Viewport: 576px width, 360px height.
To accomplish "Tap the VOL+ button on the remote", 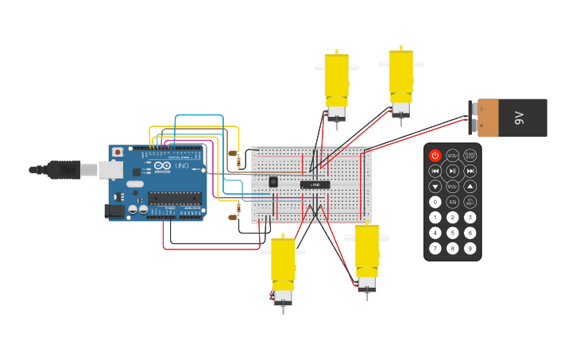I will tap(452, 156).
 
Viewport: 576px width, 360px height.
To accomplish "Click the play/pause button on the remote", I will tap(452, 171).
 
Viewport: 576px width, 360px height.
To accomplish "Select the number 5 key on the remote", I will tap(452, 233).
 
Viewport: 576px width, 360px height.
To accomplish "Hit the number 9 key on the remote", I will tap(470, 248).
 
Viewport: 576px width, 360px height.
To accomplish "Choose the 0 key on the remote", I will tap(435, 202).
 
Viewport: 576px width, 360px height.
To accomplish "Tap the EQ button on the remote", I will tap(452, 202).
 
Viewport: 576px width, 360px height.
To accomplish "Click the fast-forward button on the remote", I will tap(470, 171).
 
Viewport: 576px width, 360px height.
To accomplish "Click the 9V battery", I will tap(512, 118).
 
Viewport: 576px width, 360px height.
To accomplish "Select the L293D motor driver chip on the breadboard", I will tap(315, 184).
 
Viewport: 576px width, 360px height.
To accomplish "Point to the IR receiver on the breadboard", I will tap(273, 182).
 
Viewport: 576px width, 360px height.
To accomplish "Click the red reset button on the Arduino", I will tap(118, 152).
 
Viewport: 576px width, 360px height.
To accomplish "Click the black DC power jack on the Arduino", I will tap(115, 211).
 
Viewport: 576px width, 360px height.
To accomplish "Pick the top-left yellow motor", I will tap(336, 83).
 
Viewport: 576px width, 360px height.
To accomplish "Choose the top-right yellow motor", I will tap(400, 78).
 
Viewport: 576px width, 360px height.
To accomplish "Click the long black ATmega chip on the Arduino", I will tap(174, 197).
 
